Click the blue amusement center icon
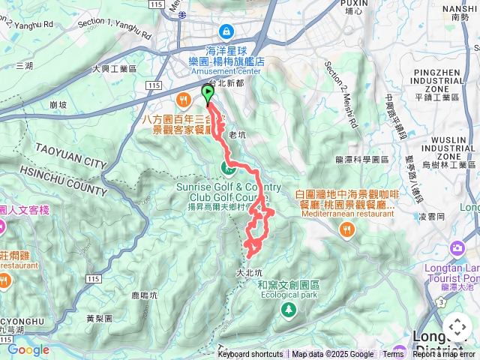click(x=225, y=31)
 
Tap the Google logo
click(x=28, y=349)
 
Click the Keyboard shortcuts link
click(x=250, y=355)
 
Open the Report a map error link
click(x=445, y=355)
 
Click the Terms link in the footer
click(x=393, y=355)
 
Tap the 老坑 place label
click(x=237, y=135)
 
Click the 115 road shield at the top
click(x=155, y=4)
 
